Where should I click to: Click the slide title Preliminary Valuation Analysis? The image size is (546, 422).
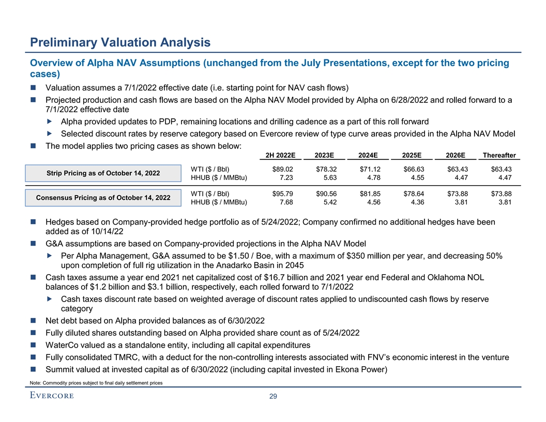point(120,42)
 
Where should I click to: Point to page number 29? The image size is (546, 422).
point(274,396)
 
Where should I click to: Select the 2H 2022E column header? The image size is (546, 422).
point(280,156)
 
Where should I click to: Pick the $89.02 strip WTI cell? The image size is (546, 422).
point(283,169)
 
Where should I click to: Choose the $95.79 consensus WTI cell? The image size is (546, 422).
point(283,193)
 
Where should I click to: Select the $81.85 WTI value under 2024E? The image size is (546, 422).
point(370,193)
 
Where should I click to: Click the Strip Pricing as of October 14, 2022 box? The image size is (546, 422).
point(103,173)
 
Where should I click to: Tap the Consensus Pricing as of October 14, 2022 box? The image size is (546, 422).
point(103,198)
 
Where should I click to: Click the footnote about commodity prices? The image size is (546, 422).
point(97,382)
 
